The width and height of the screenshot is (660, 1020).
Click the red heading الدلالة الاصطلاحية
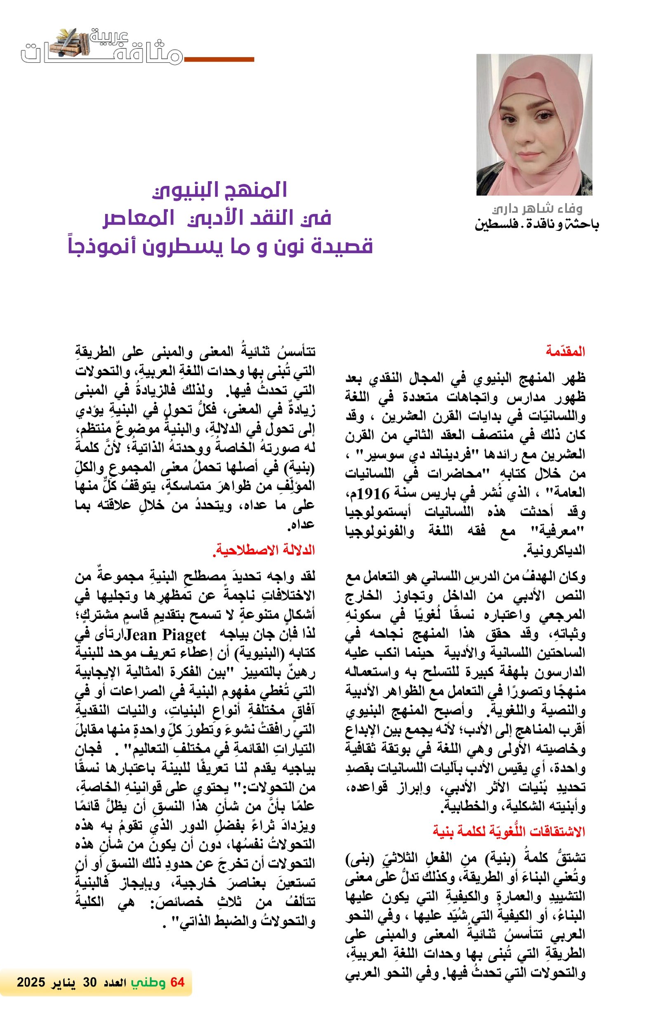coord(264,550)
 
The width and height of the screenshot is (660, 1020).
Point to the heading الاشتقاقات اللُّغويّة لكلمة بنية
coord(508,831)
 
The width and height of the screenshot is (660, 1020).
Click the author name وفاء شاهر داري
coord(537,209)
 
